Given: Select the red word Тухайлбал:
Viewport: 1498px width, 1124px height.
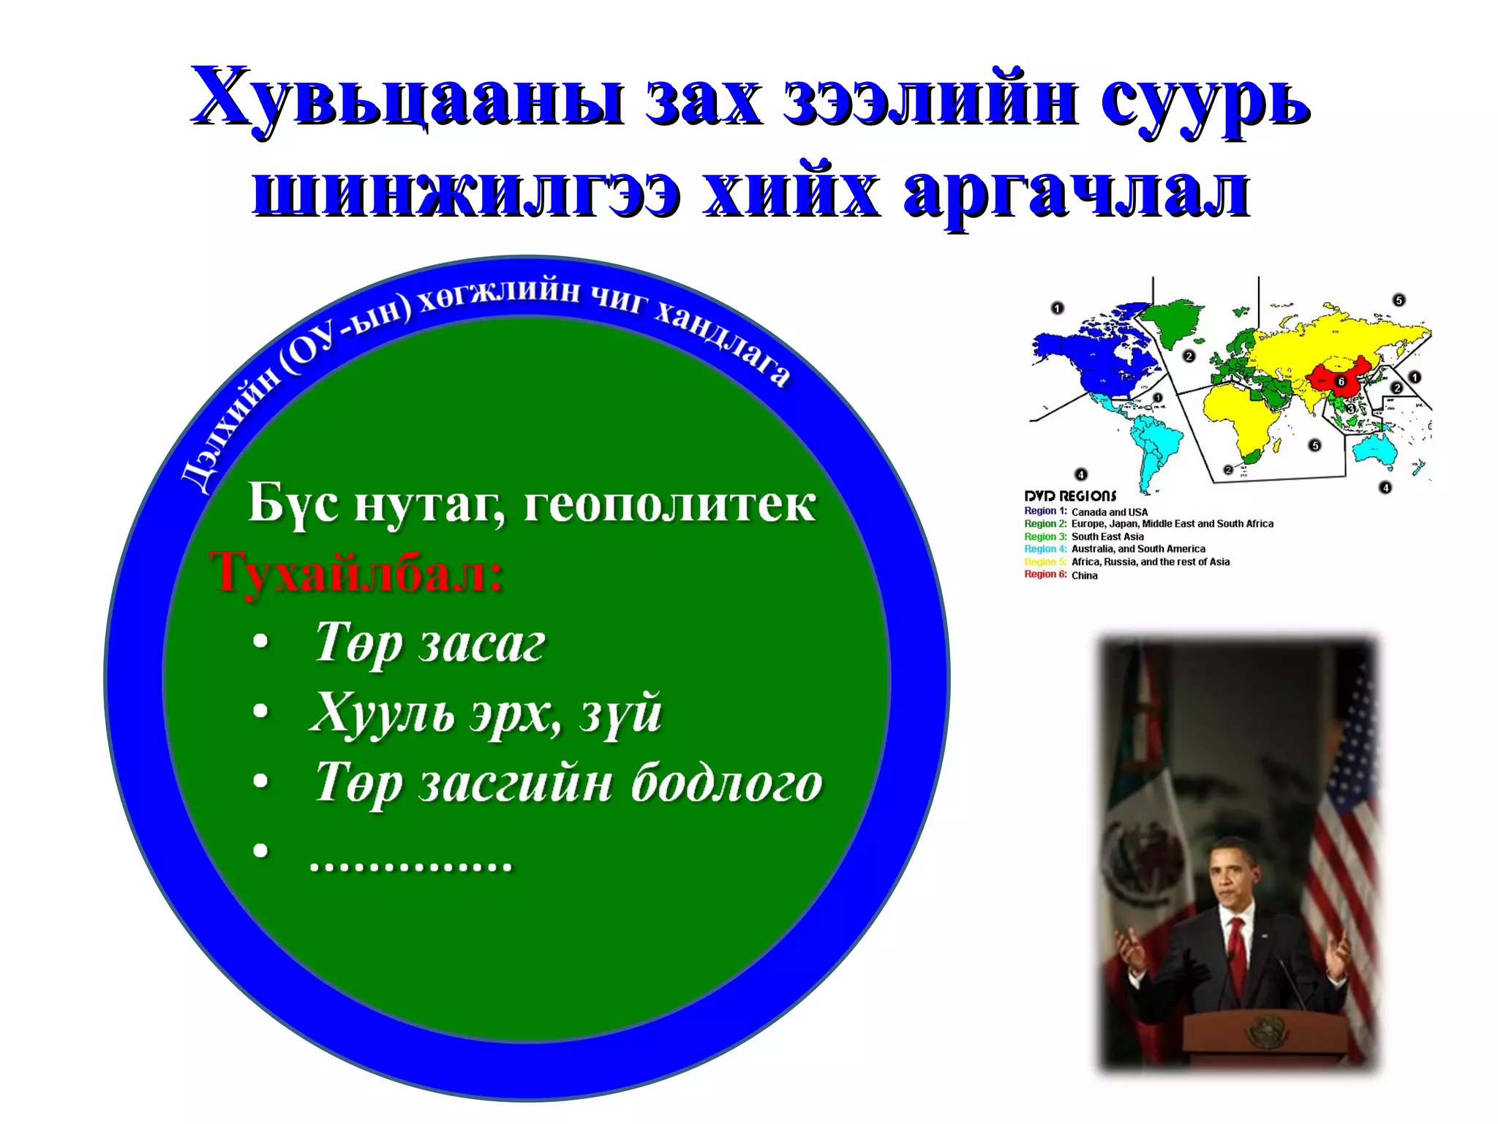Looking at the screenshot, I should (357, 573).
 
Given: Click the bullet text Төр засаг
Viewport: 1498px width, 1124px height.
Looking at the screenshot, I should (430, 643).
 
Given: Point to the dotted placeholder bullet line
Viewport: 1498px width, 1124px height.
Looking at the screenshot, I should (411, 863).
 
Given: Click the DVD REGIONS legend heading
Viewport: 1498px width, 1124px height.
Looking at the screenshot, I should (1070, 495).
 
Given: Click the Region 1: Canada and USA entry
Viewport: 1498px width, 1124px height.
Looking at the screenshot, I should (1085, 512).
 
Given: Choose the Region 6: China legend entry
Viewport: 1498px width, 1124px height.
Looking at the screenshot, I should (1061, 575).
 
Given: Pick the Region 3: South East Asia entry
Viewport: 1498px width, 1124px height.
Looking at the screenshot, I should (1083, 536).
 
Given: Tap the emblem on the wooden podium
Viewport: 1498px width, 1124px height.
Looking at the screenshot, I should (1263, 1032).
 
